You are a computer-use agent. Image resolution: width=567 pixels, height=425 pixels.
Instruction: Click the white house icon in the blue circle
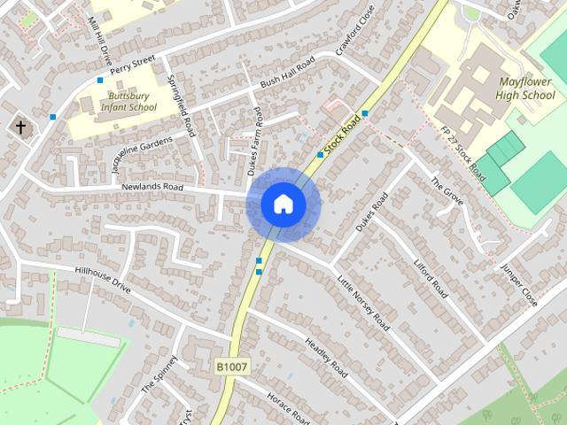coord(283,205)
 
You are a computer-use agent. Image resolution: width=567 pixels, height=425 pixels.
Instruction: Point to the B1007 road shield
coord(231,366)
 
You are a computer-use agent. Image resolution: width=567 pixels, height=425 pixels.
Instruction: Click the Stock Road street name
coord(344,135)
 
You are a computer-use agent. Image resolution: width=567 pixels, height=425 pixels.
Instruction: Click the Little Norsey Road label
coord(362,303)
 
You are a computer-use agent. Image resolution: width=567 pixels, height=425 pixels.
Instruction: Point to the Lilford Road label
coord(431,276)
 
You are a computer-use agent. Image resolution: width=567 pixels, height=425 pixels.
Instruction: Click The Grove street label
coord(448,193)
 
